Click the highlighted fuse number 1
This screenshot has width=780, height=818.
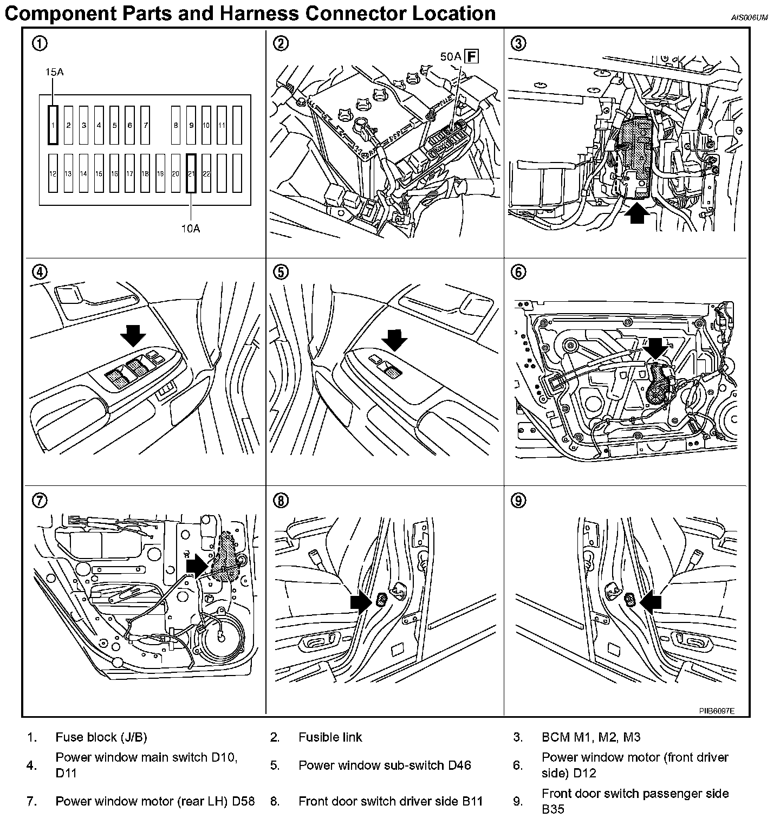[x=53, y=125]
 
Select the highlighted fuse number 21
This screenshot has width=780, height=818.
[x=191, y=173]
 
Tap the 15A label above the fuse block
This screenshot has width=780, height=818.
[x=54, y=72]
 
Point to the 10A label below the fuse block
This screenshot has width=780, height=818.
[x=191, y=228]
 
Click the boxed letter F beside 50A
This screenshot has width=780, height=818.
[x=472, y=56]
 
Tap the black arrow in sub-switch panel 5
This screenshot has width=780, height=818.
[x=394, y=341]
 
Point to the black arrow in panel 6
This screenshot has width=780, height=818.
[x=656, y=348]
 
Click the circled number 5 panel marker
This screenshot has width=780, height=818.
[x=280, y=272]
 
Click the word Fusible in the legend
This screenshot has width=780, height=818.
[x=315, y=737]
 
